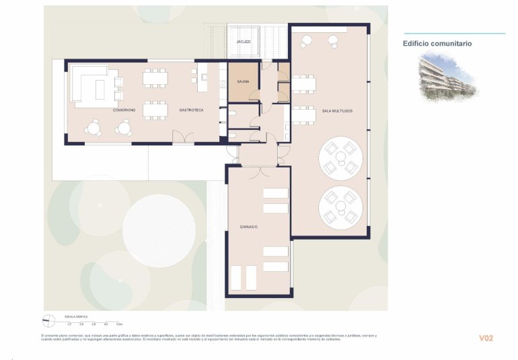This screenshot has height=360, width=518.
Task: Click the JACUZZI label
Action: coord(244,42)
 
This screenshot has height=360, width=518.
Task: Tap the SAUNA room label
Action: coord(243,81)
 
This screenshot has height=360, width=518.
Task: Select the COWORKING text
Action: coord(124,109)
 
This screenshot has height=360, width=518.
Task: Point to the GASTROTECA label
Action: coord(191,109)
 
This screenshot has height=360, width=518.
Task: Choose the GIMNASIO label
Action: coord(249,227)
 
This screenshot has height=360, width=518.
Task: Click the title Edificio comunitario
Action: coord(437,43)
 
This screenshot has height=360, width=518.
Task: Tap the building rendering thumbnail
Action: coord(447,77)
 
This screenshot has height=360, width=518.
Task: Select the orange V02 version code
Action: coord(486,338)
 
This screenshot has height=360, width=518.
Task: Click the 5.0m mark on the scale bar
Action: coord(118,324)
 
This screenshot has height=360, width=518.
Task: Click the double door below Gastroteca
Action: coord(182,138)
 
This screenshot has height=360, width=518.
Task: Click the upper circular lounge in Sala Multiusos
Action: coord(340,157)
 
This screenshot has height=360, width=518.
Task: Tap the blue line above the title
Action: coord(454,34)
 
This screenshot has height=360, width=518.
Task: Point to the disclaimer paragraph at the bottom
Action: coord(209,337)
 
